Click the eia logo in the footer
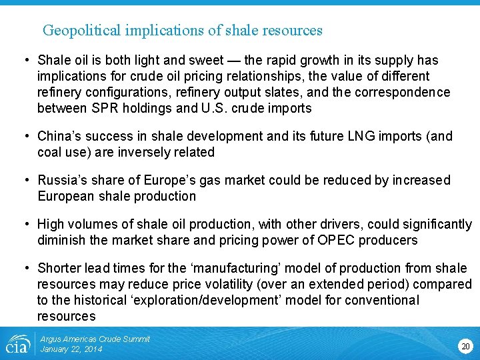17,345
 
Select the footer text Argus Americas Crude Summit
95,339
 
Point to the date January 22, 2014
71,349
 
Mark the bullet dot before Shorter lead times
25,268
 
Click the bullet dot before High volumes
25,224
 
